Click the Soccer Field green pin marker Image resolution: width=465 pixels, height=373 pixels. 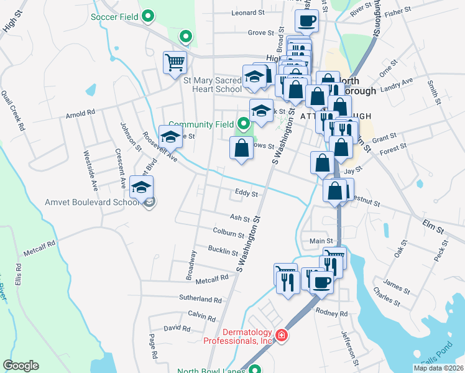pos(148,16)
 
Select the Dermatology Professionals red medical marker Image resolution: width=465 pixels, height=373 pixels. pos(282,336)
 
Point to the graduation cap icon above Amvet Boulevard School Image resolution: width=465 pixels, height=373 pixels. pos(142,187)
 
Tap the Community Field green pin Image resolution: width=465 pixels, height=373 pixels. pos(242,125)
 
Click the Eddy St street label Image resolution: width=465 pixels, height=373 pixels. pos(246,193)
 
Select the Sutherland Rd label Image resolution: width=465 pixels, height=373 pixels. pos(200,299)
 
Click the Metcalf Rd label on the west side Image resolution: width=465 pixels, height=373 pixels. pos(40,244)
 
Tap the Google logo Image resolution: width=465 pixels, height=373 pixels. pos(21,366)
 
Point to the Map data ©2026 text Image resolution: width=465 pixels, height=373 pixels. pos(438,368)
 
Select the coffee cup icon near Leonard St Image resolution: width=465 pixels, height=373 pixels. pos(306,21)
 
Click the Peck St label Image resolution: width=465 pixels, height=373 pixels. pos(441,254)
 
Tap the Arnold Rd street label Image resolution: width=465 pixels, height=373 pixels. pos(81,113)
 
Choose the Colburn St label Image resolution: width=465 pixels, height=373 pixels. pos(228,234)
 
